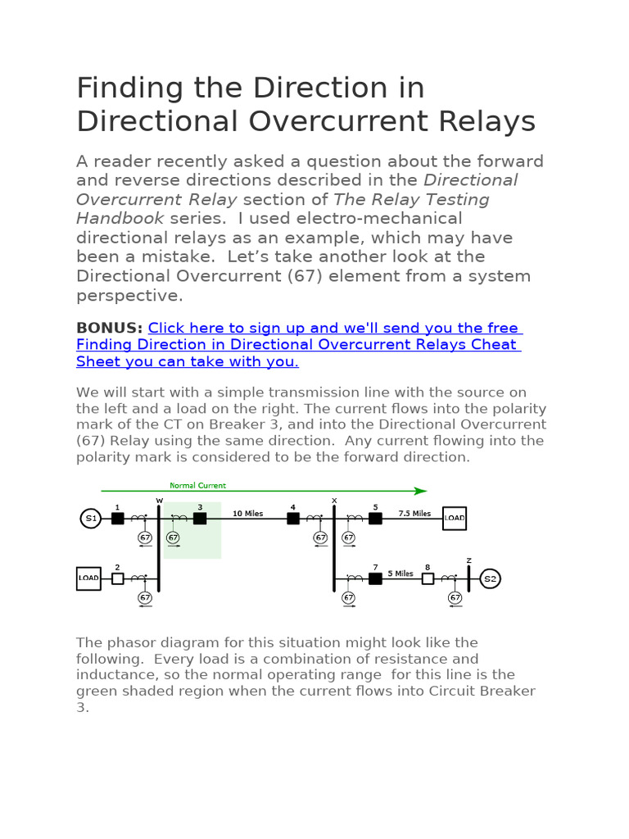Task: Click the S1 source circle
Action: pyautogui.click(x=89, y=518)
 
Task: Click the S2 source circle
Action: pyautogui.click(x=490, y=578)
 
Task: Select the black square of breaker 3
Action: pyautogui.click(x=200, y=518)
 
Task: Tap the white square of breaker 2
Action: pyautogui.click(x=118, y=578)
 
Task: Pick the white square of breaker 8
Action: pyautogui.click(x=428, y=578)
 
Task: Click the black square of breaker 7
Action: pyautogui.click(x=375, y=578)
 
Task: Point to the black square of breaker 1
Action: pyautogui.click(x=118, y=518)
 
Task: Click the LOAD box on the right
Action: pyautogui.click(x=455, y=518)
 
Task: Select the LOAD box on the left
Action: pyautogui.click(x=88, y=578)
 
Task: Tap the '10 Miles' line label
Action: pyautogui.click(x=247, y=514)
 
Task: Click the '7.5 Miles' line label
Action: pyautogui.click(x=414, y=514)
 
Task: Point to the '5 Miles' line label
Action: pyautogui.click(x=400, y=574)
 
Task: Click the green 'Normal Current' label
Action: pyautogui.click(x=197, y=486)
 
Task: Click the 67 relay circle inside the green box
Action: pyautogui.click(x=173, y=537)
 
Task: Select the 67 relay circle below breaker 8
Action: pyautogui.click(x=455, y=598)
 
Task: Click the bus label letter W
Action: pyautogui.click(x=159, y=500)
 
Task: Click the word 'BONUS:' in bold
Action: pyautogui.click(x=109, y=328)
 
